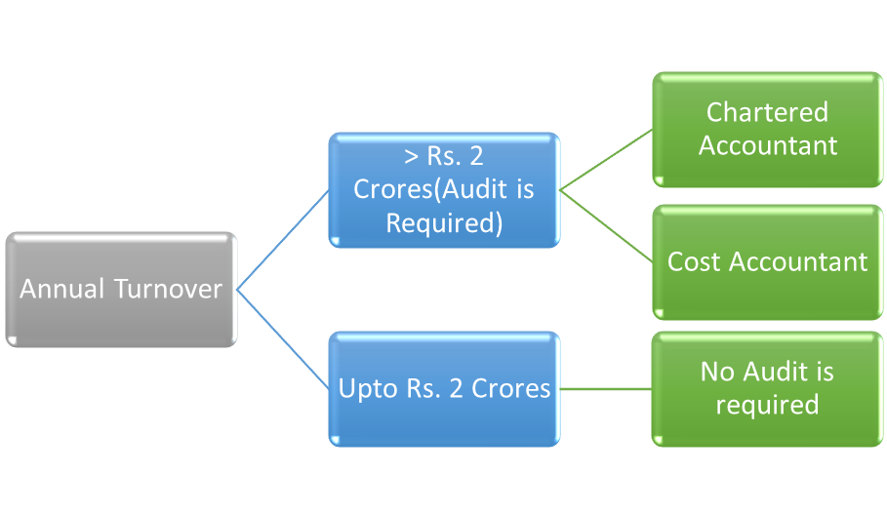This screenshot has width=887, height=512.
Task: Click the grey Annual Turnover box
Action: click(x=121, y=290)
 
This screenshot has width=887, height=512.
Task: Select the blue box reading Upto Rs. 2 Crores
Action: click(x=444, y=388)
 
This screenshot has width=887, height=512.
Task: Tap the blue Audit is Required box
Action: click(x=444, y=189)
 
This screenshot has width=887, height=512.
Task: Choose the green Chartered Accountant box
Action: click(x=767, y=129)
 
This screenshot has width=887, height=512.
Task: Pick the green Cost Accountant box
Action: click(x=767, y=261)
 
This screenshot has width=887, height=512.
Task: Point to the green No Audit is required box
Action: click(x=767, y=388)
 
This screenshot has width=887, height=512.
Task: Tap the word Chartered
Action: click(x=767, y=113)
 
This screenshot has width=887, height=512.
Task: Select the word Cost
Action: click(x=695, y=261)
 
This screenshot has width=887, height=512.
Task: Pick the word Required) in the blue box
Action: click(x=444, y=222)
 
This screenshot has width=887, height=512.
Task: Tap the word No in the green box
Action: click(x=719, y=373)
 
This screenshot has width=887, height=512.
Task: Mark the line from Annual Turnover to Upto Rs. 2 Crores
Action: click(x=283, y=339)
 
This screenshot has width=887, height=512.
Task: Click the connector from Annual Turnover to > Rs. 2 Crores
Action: click(x=283, y=240)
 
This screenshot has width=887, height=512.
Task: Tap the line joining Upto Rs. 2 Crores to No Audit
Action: click(x=606, y=389)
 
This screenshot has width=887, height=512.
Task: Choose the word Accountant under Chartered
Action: click(x=767, y=146)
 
